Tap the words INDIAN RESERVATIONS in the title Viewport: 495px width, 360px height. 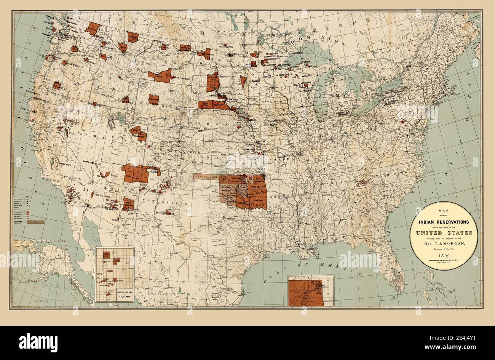[x=444, y=222]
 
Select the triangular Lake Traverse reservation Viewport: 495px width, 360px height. [x=243, y=81]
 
